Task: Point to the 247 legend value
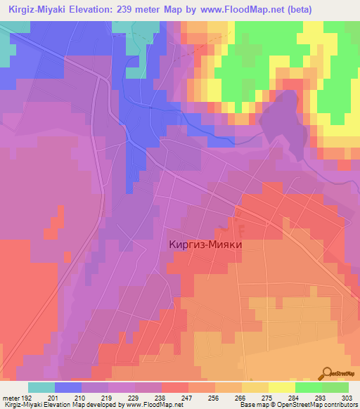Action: pyautogui.click(x=187, y=398)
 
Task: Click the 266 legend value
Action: pyautogui.click(x=241, y=398)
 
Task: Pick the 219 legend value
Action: pyautogui.click(x=107, y=398)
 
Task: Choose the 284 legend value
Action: pyautogui.click(x=295, y=398)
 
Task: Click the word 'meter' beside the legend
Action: pyautogui.click(x=9, y=398)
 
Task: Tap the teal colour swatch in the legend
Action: pyautogui.click(x=41, y=387)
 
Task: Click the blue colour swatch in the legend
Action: pyautogui.click(x=68, y=387)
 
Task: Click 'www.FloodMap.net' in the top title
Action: pyautogui.click(x=245, y=9)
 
